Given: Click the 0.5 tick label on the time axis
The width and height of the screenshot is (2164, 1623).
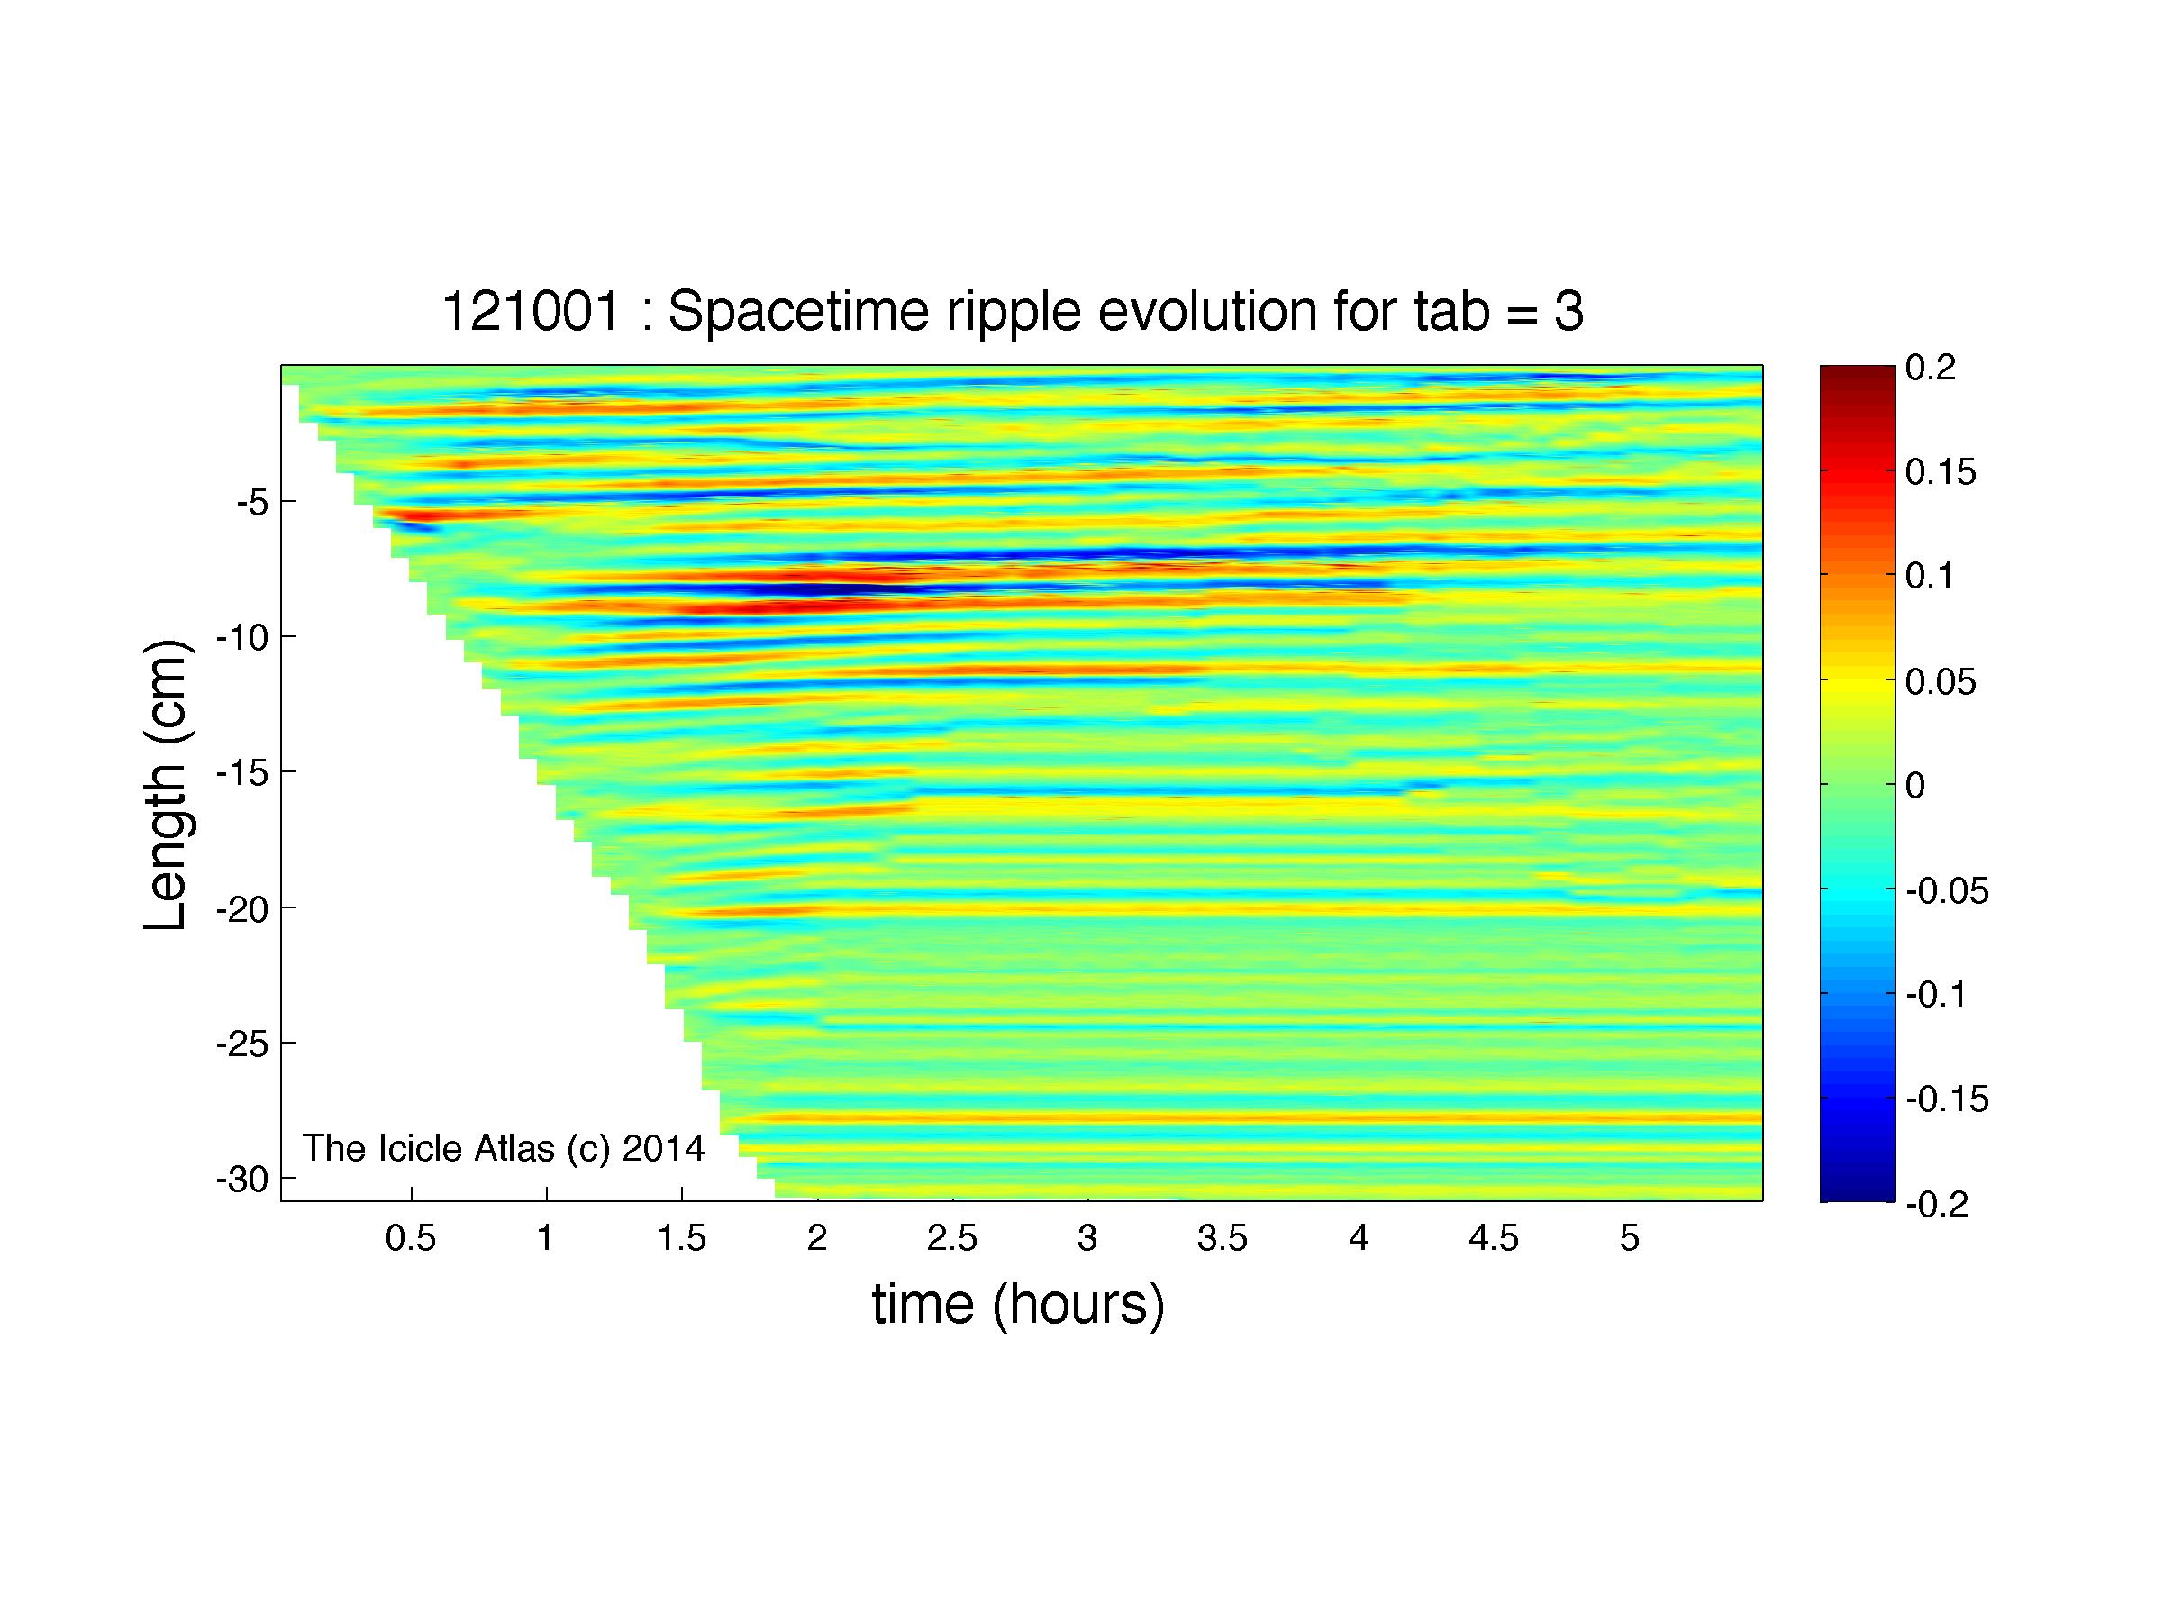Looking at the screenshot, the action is click(410, 1239).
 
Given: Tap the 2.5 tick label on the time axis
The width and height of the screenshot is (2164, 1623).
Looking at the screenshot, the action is click(952, 1239).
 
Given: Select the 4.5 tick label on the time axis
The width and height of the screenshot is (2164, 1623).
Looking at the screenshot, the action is click(1494, 1239).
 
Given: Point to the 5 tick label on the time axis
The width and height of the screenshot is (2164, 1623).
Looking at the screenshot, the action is click(1629, 1239).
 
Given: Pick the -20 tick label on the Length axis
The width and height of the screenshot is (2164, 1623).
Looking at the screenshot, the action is click(241, 909).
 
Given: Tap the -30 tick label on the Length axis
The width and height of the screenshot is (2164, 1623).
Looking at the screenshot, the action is click(241, 1179).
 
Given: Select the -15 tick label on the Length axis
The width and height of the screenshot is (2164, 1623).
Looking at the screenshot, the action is click(241, 773).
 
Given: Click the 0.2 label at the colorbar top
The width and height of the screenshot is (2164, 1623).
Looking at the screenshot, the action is click(1930, 368).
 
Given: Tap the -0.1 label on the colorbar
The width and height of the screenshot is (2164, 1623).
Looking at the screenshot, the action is click(1937, 995).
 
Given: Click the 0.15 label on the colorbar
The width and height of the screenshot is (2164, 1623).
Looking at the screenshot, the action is click(1941, 472).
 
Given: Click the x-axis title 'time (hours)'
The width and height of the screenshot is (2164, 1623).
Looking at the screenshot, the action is click(1018, 1305).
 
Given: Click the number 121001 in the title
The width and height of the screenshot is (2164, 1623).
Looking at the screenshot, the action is click(532, 312).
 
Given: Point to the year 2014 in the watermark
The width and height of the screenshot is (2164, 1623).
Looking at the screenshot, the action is click(662, 1146).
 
